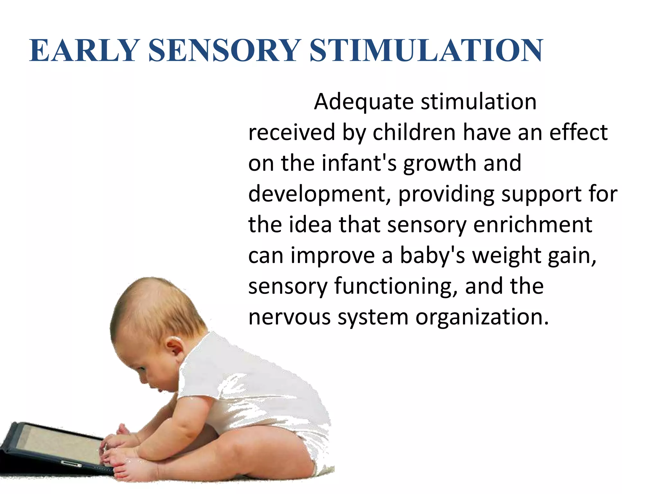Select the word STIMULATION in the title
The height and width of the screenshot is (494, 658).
point(426,50)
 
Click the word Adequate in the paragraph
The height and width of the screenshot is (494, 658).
point(363,102)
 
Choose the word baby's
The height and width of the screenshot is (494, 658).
point(432,256)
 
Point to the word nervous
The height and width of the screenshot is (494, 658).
point(289,317)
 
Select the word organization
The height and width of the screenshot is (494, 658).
point(482,317)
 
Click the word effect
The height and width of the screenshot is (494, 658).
point(578,133)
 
